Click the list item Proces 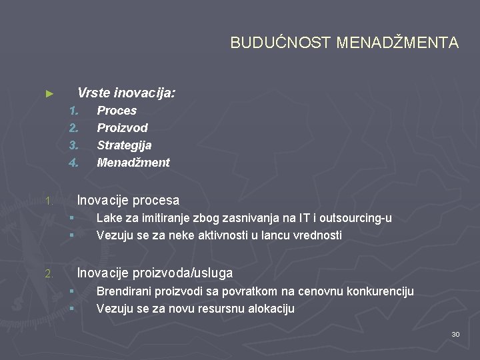[117, 111]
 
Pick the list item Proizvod [122, 128]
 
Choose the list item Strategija [124, 145]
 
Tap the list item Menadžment [133, 163]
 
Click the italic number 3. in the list [73, 145]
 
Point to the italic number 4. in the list [73, 163]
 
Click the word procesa [156, 200]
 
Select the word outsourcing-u [356, 218]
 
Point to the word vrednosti [317, 235]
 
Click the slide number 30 [455, 334]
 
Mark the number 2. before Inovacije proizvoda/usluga [48, 274]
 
